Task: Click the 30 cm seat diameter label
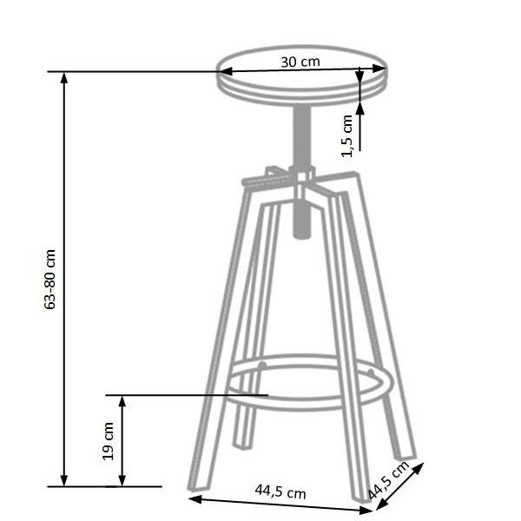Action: pyautogui.click(x=300, y=63)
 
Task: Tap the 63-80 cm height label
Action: pyautogui.click(x=49, y=279)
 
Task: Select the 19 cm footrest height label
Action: pyautogui.click(x=109, y=441)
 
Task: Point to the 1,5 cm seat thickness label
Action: pyautogui.click(x=346, y=135)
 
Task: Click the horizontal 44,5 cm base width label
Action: pyautogui.click(x=280, y=491)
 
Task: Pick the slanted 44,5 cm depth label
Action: pyautogui.click(x=388, y=480)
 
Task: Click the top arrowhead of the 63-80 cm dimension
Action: pyautogui.click(x=64, y=78)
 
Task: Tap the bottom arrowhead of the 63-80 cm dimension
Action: pyautogui.click(x=64, y=480)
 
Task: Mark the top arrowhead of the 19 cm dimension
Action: pyautogui.click(x=122, y=402)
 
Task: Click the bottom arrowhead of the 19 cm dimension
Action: pyautogui.click(x=122, y=480)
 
